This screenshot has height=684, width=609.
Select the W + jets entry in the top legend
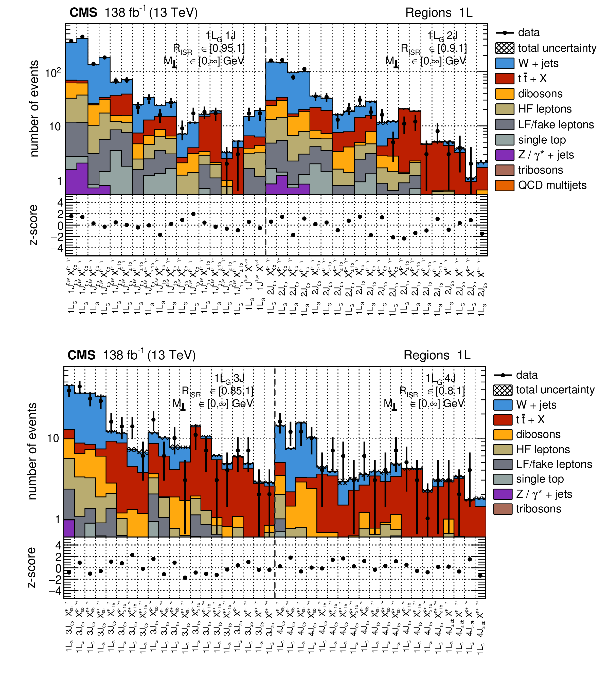[x=538, y=63]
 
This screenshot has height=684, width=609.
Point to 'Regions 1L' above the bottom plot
[x=437, y=355]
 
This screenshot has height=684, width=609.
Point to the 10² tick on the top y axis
[x=53, y=72]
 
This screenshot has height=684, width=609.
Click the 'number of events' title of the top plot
[x=34, y=108]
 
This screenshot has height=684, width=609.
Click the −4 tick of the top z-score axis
[x=57, y=248]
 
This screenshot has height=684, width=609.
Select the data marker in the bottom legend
[x=503, y=375]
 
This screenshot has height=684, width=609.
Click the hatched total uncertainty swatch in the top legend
[x=505, y=48]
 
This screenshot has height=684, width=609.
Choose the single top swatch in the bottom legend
[x=503, y=479]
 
